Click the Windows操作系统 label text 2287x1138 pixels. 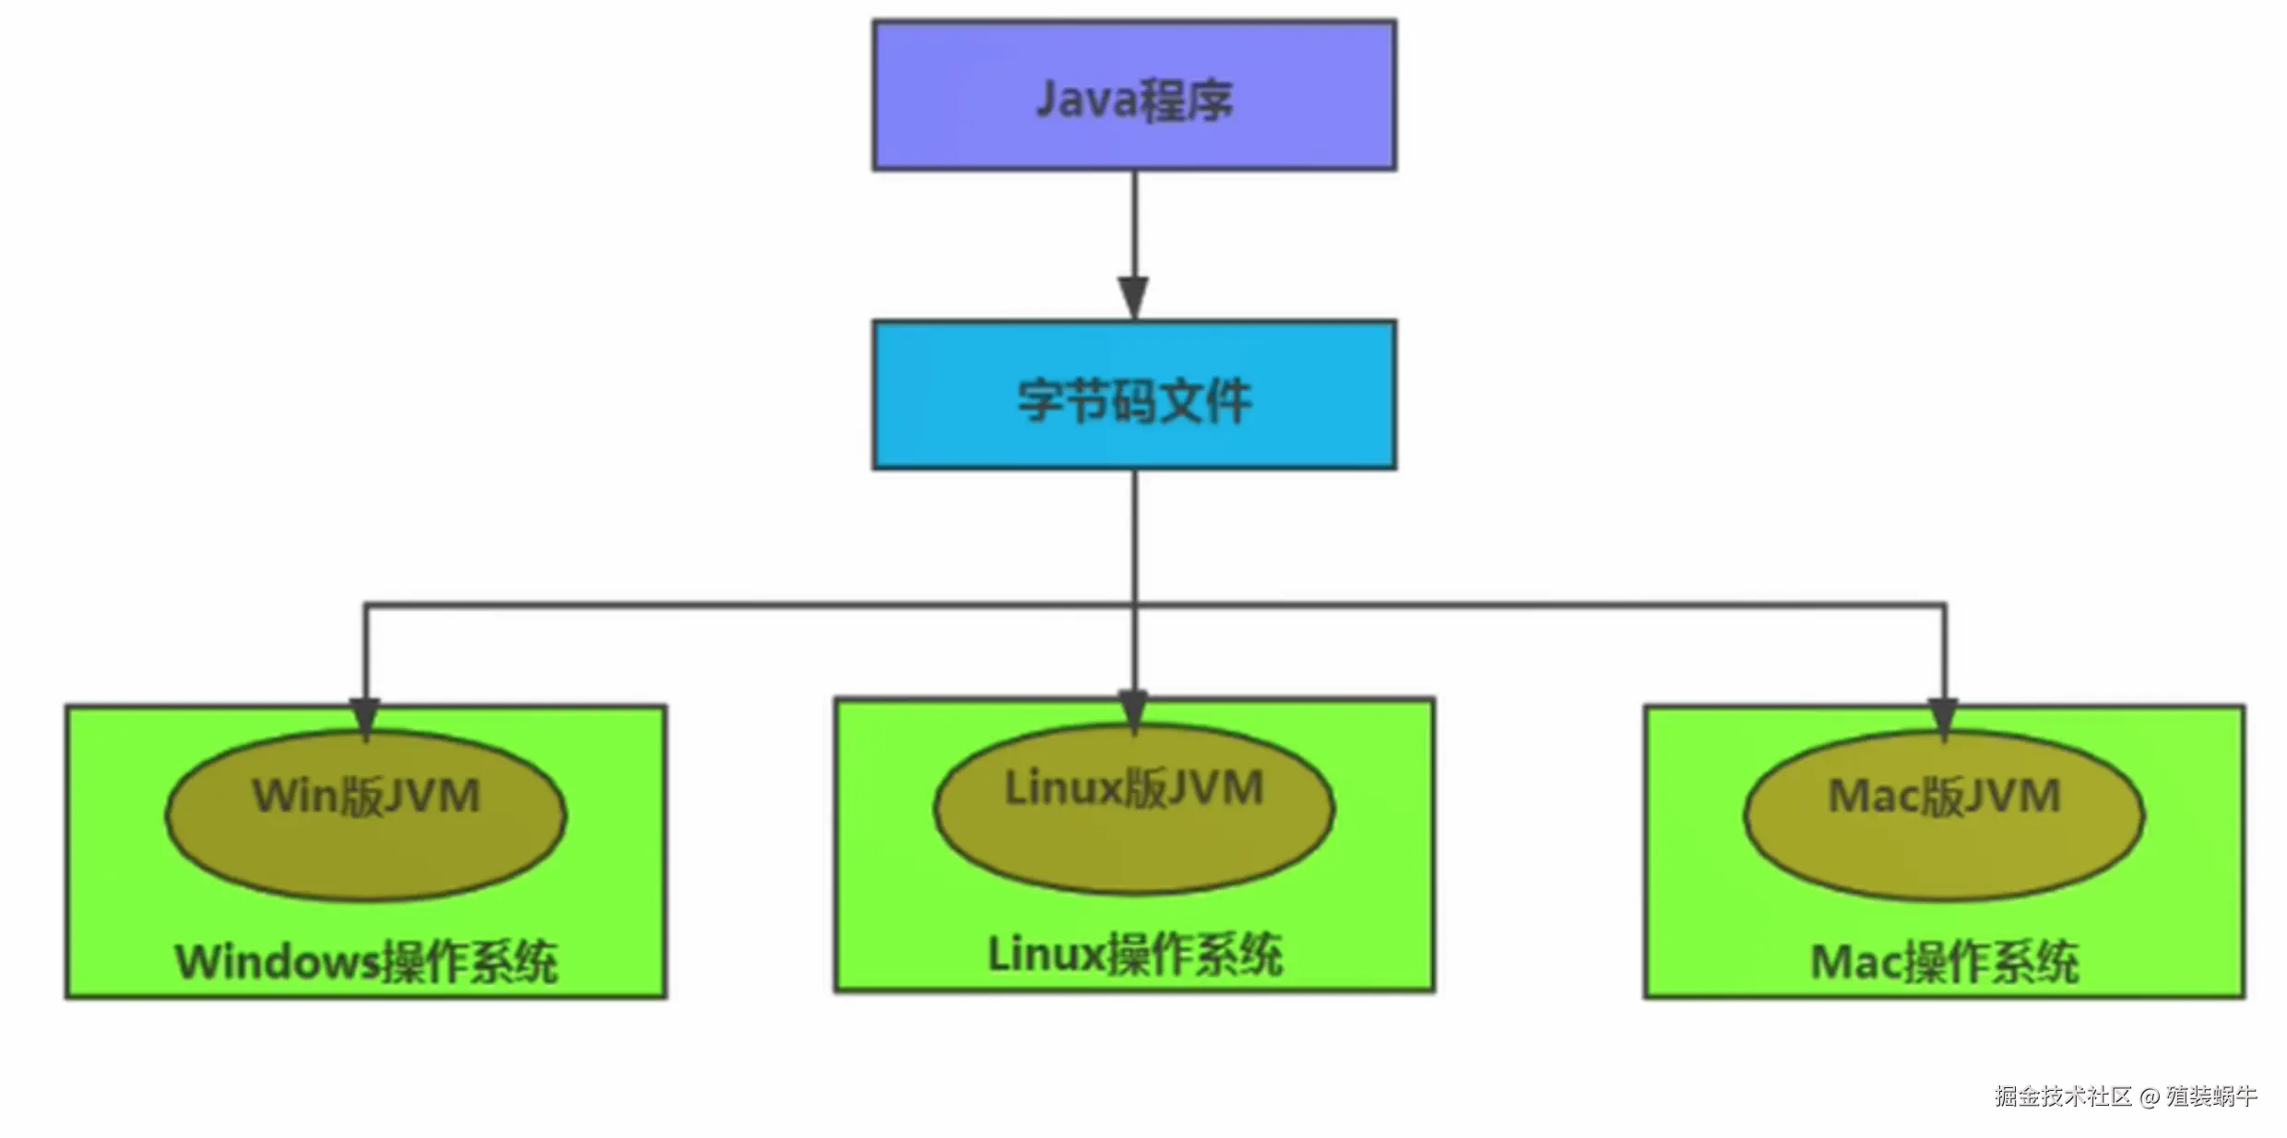tap(366, 962)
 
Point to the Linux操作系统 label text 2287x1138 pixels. tap(1134, 954)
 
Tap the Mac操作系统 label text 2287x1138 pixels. tap(1944, 962)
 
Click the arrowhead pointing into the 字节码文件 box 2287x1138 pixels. tap(1134, 297)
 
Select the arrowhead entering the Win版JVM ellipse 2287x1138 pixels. tap(366, 717)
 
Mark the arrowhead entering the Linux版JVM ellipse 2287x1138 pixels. tap(1134, 710)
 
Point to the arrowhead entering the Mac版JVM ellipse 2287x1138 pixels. tap(1944, 717)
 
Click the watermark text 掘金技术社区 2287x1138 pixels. tap(2063, 1096)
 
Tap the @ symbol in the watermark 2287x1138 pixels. tap(2150, 1097)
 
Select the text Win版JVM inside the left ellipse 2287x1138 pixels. tap(366, 796)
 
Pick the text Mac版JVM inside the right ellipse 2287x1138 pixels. tap(1944, 796)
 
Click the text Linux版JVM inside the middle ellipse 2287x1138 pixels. tap(1134, 788)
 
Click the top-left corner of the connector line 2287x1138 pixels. tap(366, 606)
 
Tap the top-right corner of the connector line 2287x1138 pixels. tap(1944, 606)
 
